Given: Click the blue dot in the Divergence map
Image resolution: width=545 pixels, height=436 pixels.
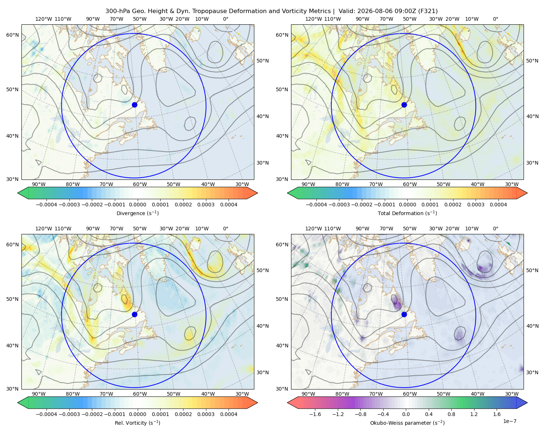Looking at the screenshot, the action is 134,105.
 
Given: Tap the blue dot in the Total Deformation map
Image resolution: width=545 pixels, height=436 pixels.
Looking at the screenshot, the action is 404,105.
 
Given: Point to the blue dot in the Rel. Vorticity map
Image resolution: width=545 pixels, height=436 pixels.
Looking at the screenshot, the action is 134,314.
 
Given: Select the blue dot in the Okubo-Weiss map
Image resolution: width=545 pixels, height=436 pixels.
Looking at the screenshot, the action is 404,314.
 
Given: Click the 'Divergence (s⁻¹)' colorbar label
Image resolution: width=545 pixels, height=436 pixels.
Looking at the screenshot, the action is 137,213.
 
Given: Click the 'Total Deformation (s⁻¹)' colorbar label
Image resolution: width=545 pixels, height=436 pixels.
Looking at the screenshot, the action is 407,213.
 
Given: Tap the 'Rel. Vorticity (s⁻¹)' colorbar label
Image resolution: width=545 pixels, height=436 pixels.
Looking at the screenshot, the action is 137,423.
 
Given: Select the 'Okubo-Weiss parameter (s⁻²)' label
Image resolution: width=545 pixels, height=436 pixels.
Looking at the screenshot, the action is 407,423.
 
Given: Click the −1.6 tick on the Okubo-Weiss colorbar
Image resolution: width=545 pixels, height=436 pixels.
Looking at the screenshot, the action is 315,414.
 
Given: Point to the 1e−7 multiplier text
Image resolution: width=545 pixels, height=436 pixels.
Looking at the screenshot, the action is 509,421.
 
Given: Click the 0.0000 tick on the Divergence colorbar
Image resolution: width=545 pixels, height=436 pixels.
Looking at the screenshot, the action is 137,205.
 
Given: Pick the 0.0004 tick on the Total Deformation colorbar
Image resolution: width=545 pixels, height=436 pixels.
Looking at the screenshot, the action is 498,205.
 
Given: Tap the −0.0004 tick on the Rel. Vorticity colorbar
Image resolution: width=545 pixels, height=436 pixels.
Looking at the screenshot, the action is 47,414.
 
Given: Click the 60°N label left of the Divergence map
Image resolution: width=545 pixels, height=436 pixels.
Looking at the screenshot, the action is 12,35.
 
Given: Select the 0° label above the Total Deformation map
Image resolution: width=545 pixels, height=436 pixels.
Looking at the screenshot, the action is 495,19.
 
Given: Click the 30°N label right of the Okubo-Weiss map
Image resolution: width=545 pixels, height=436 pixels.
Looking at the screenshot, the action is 532,372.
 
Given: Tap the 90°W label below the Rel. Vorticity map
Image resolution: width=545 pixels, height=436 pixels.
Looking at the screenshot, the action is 39,394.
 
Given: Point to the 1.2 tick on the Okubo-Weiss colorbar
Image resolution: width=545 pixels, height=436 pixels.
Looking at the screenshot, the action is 474,414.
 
